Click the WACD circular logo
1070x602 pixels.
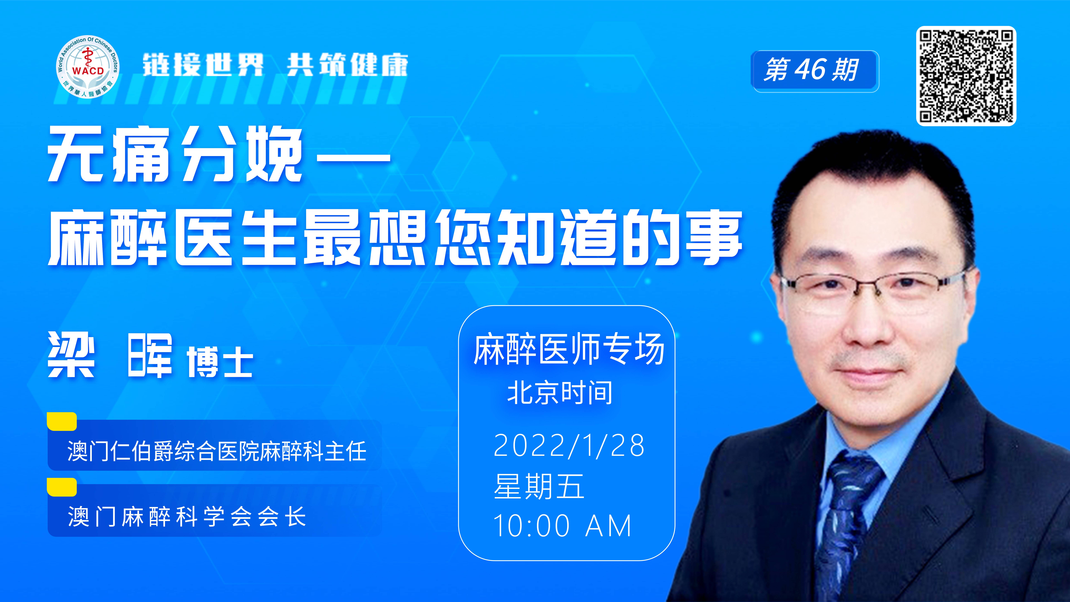88,66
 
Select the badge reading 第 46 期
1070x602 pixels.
814,71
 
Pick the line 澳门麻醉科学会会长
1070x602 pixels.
187,516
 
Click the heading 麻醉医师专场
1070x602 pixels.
569,349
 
